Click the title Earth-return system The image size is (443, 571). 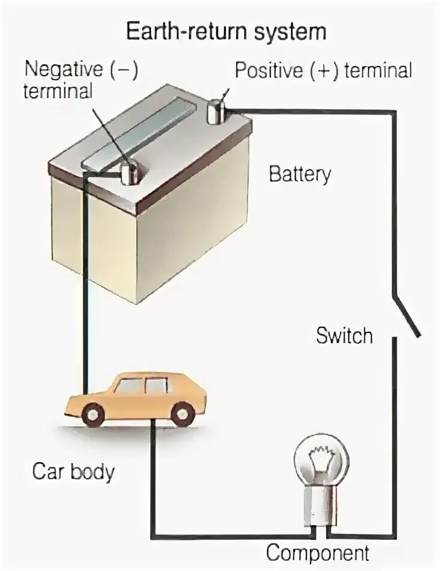click(226, 31)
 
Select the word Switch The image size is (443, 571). click(344, 335)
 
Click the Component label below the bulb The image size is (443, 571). click(318, 552)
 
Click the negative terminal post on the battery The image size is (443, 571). click(130, 172)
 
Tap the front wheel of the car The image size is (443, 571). click(93, 413)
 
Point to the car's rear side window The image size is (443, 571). click(157, 385)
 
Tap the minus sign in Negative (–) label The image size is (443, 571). click(125, 70)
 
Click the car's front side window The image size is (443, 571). click(130, 386)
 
